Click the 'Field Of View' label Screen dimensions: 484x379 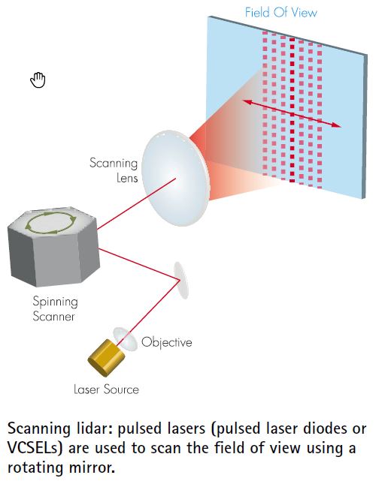point(281,13)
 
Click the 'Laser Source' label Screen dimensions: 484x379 point(106,389)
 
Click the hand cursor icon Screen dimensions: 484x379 point(38,80)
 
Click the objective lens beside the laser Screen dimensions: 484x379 point(124,338)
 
